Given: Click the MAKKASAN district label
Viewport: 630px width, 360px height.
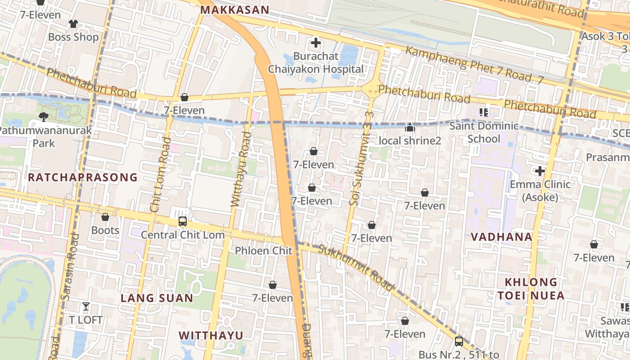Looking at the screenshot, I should [234, 10].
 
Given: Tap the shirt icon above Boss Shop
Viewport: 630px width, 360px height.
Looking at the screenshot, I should [73, 24].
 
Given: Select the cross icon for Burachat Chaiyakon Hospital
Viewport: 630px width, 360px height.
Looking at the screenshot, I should [316, 43].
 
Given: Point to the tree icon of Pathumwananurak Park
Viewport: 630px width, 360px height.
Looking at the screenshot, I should [44, 117].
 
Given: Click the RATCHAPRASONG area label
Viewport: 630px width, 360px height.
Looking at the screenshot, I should [82, 177].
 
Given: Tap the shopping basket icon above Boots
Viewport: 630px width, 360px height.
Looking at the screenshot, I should [105, 217].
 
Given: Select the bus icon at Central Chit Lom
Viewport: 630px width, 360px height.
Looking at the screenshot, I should [182, 221].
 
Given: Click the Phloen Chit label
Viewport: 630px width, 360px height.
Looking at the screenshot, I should [264, 251].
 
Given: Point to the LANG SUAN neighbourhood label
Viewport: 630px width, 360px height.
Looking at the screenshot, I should [157, 298].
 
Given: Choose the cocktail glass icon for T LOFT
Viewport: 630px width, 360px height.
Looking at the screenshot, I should [85, 307].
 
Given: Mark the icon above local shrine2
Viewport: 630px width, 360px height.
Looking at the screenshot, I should [409, 128].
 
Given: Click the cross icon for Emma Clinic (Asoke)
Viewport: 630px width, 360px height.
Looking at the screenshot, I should [540, 171].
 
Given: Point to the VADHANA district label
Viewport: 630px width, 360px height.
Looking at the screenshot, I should [501, 237].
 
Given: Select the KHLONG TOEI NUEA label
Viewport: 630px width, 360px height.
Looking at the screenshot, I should [531, 289].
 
